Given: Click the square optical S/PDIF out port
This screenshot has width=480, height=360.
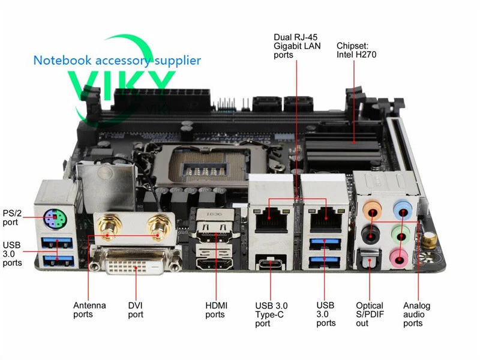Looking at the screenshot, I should pyautogui.click(x=368, y=260).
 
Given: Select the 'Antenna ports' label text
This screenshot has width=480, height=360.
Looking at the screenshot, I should pyautogui.click(x=89, y=310).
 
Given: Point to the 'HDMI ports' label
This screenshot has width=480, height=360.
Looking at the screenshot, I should pyautogui.click(x=215, y=310).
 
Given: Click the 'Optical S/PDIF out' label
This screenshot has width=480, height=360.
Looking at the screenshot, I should pyautogui.click(x=370, y=314).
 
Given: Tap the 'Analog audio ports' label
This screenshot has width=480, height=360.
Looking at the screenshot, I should pyautogui.click(x=417, y=314).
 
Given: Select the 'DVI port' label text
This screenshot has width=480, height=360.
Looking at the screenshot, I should pyautogui.click(x=136, y=310).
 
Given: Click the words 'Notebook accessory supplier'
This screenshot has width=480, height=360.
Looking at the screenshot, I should pyautogui.click(x=117, y=61).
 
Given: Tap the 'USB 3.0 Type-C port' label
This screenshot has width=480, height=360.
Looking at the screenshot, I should pyautogui.click(x=271, y=314).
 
